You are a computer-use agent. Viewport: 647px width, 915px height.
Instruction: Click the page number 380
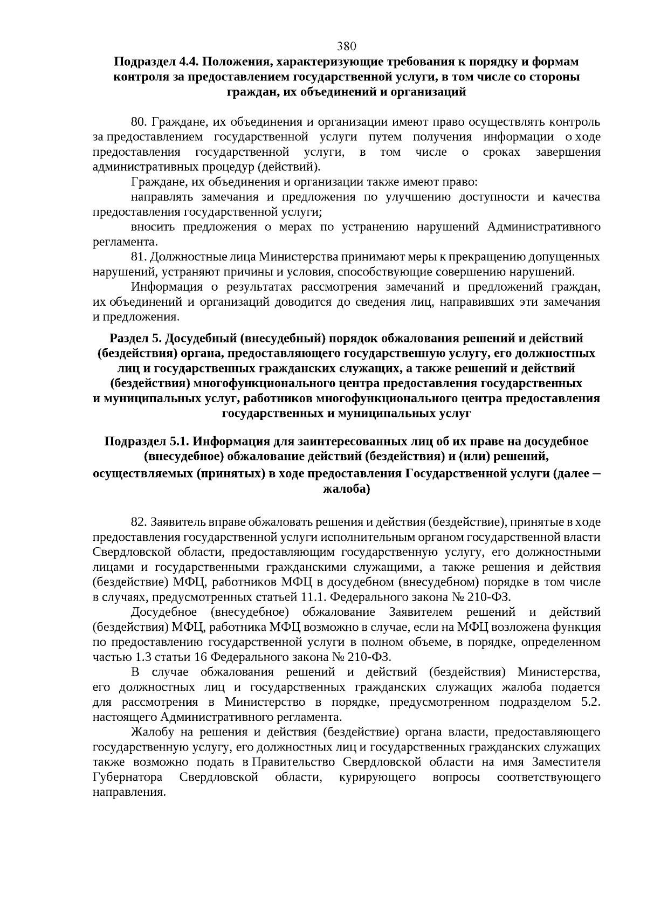coord(347,45)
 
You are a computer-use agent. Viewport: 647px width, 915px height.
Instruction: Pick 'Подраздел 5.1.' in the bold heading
coord(147,442)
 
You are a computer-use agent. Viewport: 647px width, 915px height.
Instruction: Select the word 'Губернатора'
coord(128,778)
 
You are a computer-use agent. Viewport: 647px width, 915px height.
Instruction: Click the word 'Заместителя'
coord(566,762)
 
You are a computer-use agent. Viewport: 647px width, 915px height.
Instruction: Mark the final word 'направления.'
coord(128,793)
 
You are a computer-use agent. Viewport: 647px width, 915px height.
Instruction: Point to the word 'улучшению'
coord(418,197)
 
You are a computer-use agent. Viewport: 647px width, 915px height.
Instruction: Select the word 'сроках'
coord(501,152)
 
